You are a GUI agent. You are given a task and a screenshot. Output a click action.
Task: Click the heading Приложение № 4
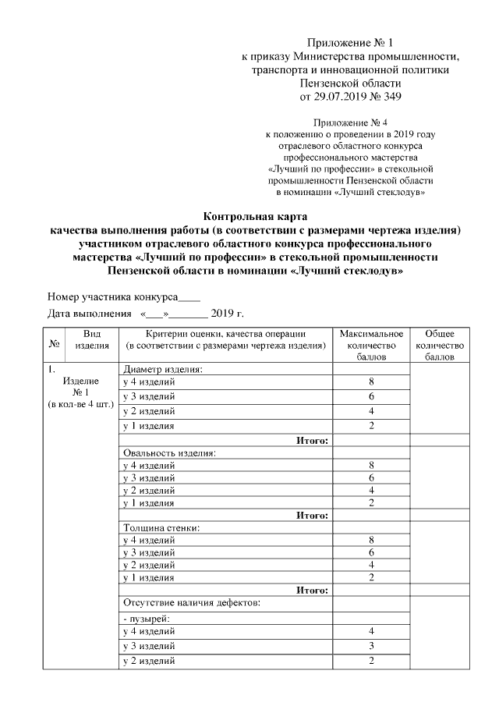click(350, 122)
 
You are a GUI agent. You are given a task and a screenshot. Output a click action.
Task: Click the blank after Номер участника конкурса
click(189, 296)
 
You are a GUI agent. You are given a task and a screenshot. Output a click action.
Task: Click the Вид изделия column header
click(91, 339)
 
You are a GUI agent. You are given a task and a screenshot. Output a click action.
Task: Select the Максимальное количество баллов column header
click(371, 345)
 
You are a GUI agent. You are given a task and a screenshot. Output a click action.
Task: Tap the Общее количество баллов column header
click(440, 345)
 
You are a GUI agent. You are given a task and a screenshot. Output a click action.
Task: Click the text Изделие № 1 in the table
click(80, 386)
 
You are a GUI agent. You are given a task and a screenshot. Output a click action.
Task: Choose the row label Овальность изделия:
click(168, 452)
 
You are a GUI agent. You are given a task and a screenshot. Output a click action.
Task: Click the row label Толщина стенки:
click(161, 527)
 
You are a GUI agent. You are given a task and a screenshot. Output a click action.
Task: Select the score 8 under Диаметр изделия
click(372, 381)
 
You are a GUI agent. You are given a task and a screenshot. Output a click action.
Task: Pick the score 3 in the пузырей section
click(372, 646)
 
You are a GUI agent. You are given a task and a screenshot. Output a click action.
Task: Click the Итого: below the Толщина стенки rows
click(312, 590)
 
